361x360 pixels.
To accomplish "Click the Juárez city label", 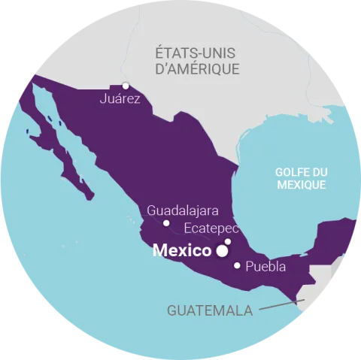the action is coord(120,98).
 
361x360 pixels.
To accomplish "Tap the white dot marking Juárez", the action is coord(126,85).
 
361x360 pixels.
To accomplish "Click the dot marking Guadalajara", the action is coord(166,223).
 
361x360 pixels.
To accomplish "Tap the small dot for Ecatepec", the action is coord(228,241).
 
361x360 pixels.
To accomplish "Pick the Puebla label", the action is coord(265,266).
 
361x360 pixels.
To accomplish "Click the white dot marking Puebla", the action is coord(238,265).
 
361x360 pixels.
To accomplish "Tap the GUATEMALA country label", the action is coord(210,310).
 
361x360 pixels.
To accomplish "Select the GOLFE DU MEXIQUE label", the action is coord(300,177).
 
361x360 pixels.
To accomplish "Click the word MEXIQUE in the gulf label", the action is coord(300,184).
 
